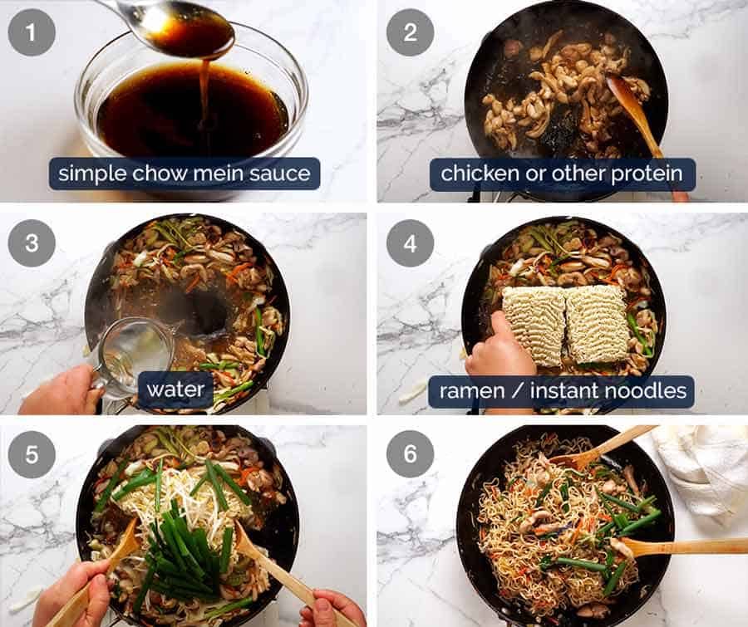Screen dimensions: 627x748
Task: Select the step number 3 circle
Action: click(x=32, y=243)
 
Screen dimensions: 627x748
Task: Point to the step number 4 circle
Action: click(x=410, y=243)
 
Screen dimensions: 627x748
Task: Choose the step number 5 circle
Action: click(x=32, y=454)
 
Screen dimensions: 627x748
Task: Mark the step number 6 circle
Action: click(x=410, y=454)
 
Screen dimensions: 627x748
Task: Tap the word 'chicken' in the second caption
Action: click(x=473, y=174)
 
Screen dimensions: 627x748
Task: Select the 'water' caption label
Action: click(x=175, y=389)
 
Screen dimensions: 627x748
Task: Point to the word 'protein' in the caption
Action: click(x=652, y=174)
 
